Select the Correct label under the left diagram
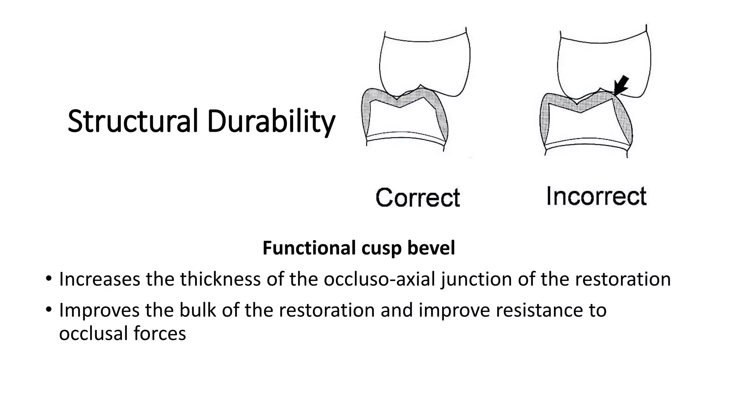[418, 198]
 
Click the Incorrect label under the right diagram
[596, 196]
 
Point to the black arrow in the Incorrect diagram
[621, 85]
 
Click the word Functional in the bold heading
[309, 248]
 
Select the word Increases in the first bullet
[99, 279]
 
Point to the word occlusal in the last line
[93, 333]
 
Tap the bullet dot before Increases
[48, 279]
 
